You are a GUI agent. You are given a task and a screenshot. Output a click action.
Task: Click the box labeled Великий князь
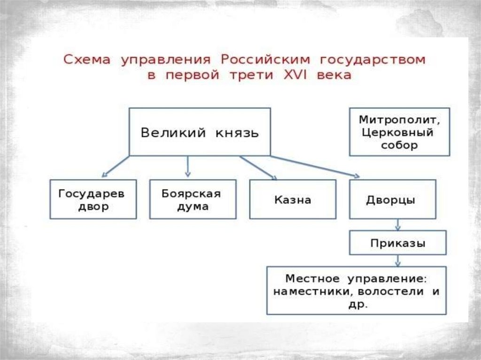pos(200,132)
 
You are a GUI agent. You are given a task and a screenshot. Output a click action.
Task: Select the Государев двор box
pos(93,199)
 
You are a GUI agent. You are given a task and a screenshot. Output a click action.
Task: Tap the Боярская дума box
pos(193,199)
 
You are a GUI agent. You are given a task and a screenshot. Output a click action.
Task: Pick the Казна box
pos(293,199)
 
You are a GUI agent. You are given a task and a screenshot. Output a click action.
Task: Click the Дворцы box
pos(392,199)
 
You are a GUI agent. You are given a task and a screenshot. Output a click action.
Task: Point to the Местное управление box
pos(356,291)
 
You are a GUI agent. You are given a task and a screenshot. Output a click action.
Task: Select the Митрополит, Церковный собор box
pos(399,132)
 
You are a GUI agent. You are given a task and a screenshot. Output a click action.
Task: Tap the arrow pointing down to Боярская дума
pos(188,166)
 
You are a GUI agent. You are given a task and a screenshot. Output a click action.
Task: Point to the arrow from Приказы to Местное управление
pos(398,260)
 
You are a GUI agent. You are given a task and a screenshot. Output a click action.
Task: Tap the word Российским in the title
pos(266,60)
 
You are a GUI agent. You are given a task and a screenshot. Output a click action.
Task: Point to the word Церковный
pos(397,132)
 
